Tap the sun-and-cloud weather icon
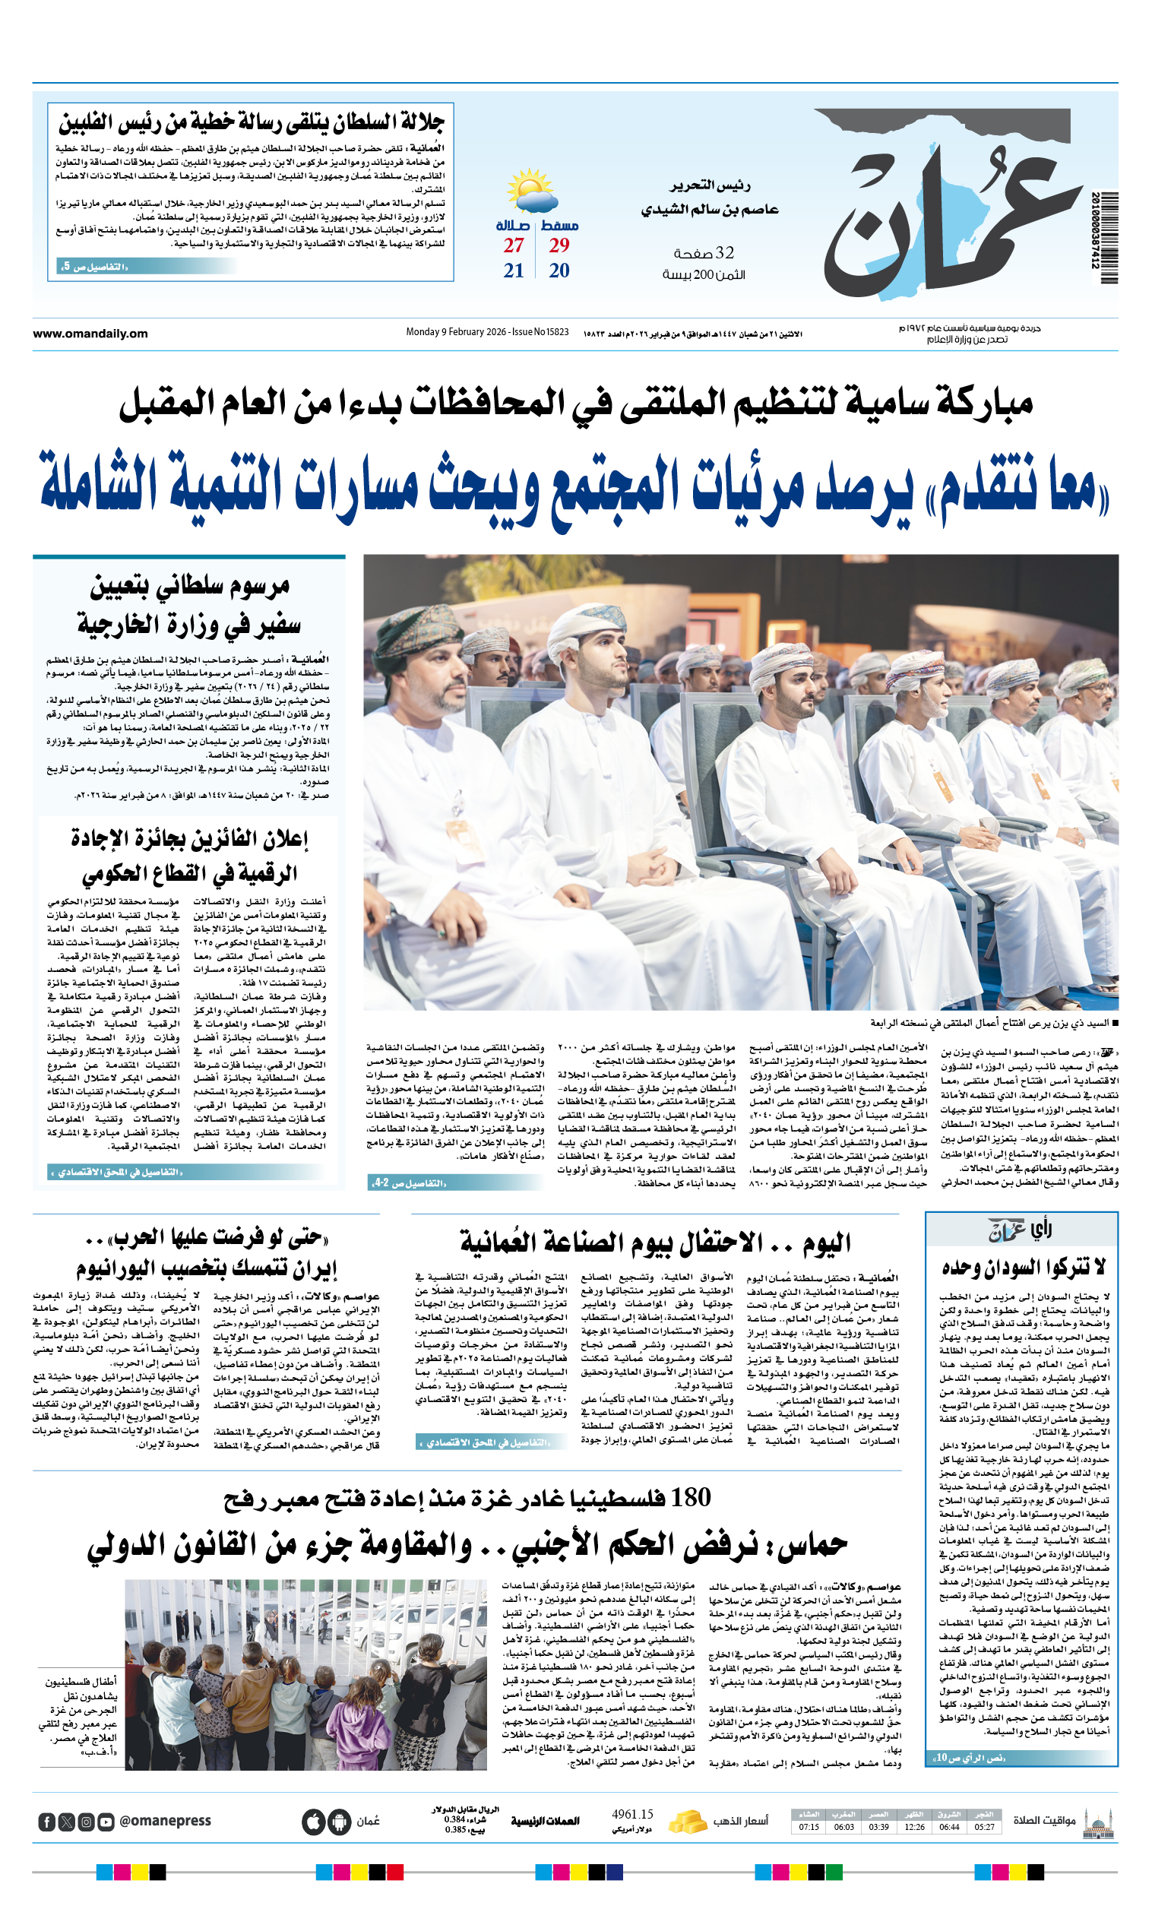coord(530,191)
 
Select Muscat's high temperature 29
coord(559,245)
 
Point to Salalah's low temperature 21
coord(514,271)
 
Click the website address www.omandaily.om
coord(90,334)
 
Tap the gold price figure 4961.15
coord(632,1814)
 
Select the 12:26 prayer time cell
coord(914,1826)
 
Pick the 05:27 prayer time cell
coord(985,1826)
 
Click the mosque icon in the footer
coord(1098,1821)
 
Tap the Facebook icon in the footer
coord(46,1822)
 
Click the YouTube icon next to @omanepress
coord(106,1822)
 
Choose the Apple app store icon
coord(313,1822)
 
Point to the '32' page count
coord(724,253)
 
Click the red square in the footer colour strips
coord(395,1873)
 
